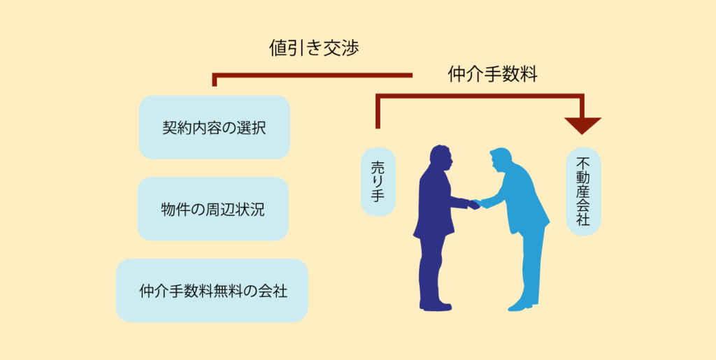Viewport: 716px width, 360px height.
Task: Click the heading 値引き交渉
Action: [x=314, y=49]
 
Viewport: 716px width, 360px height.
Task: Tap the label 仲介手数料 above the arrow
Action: [x=492, y=75]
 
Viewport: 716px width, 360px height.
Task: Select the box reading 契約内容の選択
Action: [x=214, y=127]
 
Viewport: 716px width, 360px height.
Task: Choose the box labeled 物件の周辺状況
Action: [x=213, y=209]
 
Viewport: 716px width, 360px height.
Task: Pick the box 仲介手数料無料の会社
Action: [x=212, y=291]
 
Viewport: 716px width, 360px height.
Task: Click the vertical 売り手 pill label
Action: [x=378, y=182]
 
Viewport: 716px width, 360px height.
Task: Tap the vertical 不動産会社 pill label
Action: [x=583, y=191]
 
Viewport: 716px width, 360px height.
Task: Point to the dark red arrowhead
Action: [x=582, y=125]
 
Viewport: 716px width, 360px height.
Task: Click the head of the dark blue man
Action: [x=442, y=158]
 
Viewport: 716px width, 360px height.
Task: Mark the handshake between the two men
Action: [x=475, y=204]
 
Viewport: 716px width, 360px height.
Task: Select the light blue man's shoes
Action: [x=523, y=305]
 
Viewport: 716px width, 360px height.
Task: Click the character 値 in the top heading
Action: [x=278, y=49]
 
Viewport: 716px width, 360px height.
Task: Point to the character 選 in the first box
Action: [x=243, y=128]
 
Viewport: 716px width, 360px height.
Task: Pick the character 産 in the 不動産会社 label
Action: [x=583, y=191]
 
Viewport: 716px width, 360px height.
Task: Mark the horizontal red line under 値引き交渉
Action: [x=313, y=75]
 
